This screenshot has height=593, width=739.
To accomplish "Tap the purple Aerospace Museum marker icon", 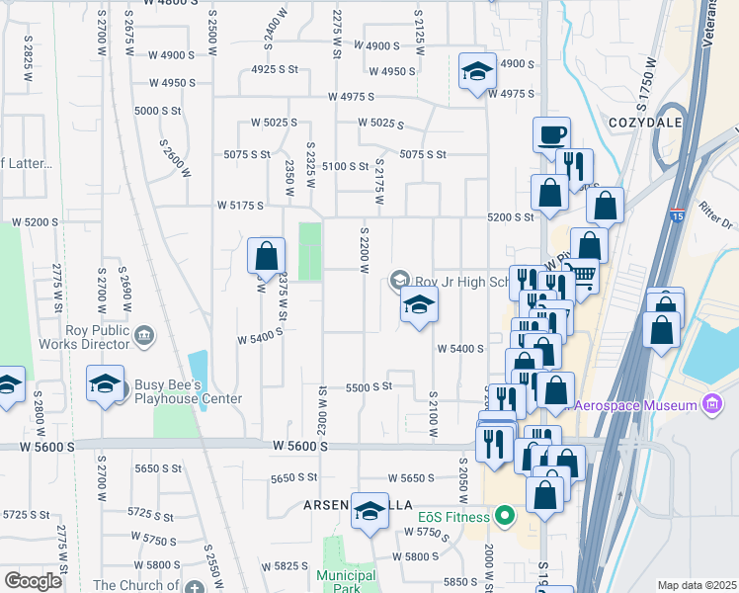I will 710,403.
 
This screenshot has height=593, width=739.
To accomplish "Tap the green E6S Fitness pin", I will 506,515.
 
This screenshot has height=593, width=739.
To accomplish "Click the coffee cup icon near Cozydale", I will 551,134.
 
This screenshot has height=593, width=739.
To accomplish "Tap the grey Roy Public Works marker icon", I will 143,336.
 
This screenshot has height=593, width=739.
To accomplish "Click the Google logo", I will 33,580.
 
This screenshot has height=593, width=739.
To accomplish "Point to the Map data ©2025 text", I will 697,585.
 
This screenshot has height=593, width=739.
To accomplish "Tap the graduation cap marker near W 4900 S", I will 477,72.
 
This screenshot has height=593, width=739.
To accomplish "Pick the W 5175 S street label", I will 240,206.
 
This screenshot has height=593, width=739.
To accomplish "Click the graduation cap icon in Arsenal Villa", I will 370,511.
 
